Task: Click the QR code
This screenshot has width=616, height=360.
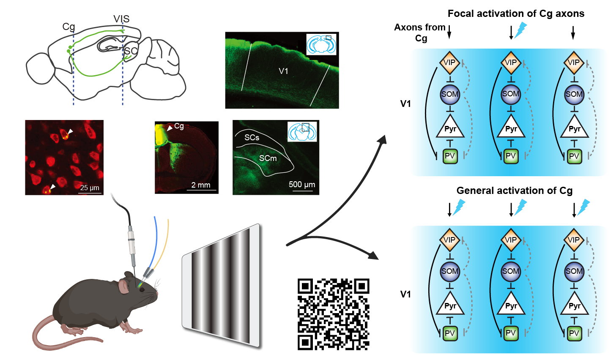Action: [x=333, y=314]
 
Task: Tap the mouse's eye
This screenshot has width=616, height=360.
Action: [x=141, y=289]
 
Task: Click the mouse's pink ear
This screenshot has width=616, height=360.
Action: [x=124, y=286]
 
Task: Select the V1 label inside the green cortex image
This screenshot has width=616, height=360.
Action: [x=283, y=71]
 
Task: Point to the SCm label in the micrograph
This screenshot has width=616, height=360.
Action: [x=268, y=158]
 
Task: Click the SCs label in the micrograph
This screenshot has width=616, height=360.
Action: [x=252, y=137]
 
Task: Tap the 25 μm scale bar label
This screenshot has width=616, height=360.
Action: [x=90, y=187]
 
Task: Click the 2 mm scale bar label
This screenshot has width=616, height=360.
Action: [x=201, y=185]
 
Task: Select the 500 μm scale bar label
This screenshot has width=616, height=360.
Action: [x=302, y=184]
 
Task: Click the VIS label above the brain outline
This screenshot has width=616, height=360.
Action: [x=121, y=19]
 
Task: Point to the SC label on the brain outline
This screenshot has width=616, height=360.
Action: [x=131, y=51]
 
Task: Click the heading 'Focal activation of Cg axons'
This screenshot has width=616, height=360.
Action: [x=516, y=14]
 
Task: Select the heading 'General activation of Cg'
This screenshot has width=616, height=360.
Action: [x=515, y=191]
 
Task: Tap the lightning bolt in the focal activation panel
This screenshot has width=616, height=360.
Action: [x=520, y=30]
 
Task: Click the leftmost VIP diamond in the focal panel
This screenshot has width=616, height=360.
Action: [x=449, y=63]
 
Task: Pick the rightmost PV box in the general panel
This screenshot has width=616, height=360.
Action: [x=574, y=333]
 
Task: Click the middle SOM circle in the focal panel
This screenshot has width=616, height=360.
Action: [x=511, y=94]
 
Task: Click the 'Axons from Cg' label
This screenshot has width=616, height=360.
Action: [x=419, y=33]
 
